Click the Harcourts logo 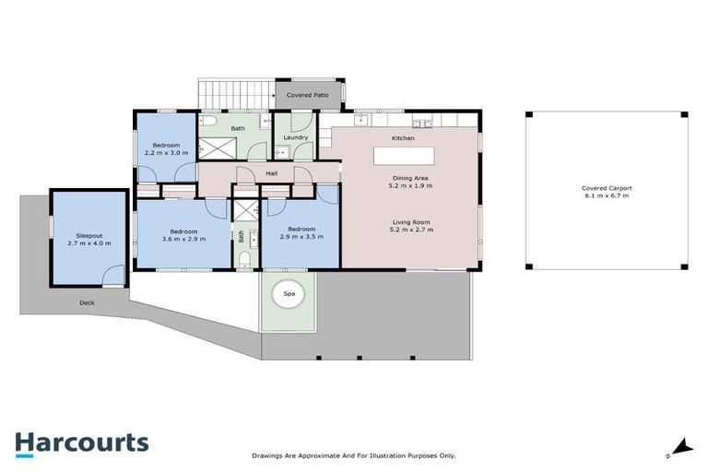82,444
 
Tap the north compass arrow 681,448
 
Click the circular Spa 289,294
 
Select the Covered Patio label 308,95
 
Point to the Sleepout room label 88,236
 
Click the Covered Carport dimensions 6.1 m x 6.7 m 607,195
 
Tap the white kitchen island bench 404,157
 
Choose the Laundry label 296,137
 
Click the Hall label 271,173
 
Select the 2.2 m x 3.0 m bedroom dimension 166,153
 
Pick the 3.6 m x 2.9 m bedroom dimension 183,239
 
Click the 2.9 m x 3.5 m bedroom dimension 301,236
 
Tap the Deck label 87,302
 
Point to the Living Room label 411,222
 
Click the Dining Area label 410,178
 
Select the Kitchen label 403,138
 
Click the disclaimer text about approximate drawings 354,455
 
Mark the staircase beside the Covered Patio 236,95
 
